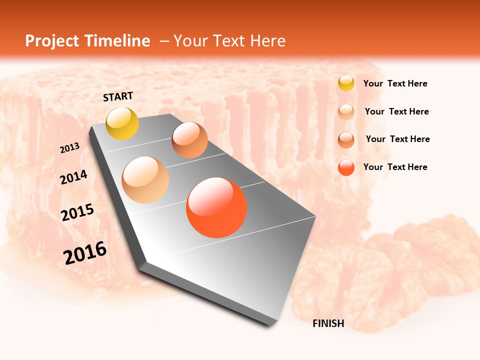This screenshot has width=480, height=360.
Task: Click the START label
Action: pos(118,96)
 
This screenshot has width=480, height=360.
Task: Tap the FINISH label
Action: pos(328,323)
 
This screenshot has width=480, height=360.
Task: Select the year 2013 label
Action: pos(70,148)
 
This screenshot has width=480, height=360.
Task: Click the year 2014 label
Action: pos(73,177)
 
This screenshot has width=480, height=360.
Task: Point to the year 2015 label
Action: pos(77,212)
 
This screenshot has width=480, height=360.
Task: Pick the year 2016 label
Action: pos(85,252)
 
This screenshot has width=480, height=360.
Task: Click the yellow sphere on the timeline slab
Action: pos(122,123)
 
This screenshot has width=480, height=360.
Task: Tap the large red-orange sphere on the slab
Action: pos(216,207)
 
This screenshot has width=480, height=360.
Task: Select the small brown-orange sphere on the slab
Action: pos(189,140)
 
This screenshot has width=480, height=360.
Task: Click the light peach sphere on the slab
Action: pos(145,180)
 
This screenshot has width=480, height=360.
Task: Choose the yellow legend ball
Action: pos(346,83)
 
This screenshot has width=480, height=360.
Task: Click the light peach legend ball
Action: pos(346,111)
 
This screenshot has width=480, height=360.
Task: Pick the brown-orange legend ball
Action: pos(346,140)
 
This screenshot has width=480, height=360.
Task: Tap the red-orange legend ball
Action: pos(346,168)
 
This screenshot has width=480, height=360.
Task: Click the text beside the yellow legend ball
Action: pos(395,83)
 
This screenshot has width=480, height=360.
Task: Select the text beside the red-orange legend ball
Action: pos(395,167)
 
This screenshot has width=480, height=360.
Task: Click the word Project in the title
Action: pos(52,41)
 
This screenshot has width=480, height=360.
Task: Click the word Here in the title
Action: pos(267,41)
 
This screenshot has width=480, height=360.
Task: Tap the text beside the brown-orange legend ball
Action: pos(397,139)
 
